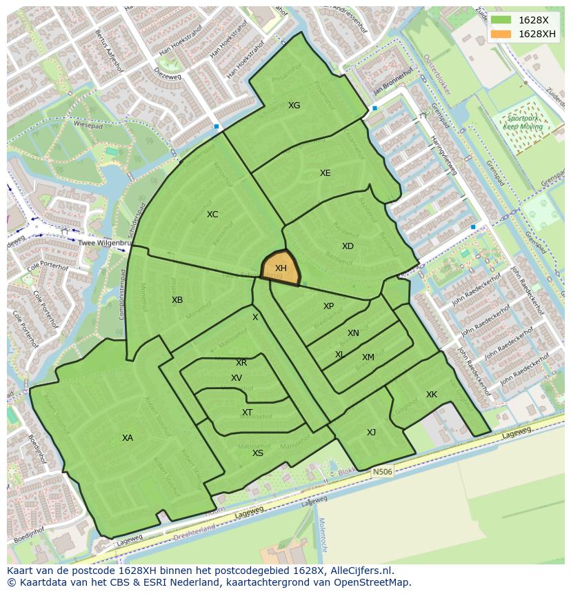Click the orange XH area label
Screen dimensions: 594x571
point(281,268)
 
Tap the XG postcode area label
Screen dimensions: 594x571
point(294,106)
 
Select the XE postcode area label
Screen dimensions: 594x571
point(325,173)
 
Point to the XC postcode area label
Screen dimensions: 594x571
point(212,215)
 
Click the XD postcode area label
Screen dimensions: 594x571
point(348,246)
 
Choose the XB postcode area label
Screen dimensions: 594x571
point(177,300)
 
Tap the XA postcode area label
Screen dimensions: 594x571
point(128,438)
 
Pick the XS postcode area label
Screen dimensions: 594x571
point(258,453)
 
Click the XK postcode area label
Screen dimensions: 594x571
point(432,395)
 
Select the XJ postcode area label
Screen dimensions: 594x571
point(372,433)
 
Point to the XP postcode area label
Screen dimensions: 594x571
point(329,306)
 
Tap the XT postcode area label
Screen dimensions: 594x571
point(247,413)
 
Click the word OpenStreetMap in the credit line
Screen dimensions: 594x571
point(374,582)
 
